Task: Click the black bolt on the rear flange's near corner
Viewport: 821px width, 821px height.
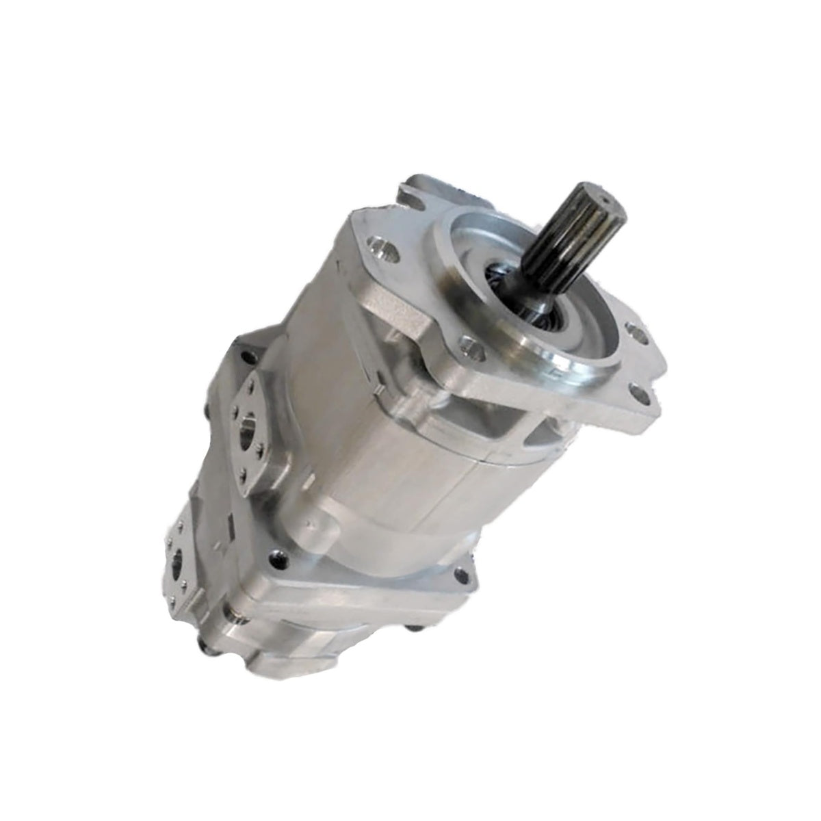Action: point(276,558)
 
